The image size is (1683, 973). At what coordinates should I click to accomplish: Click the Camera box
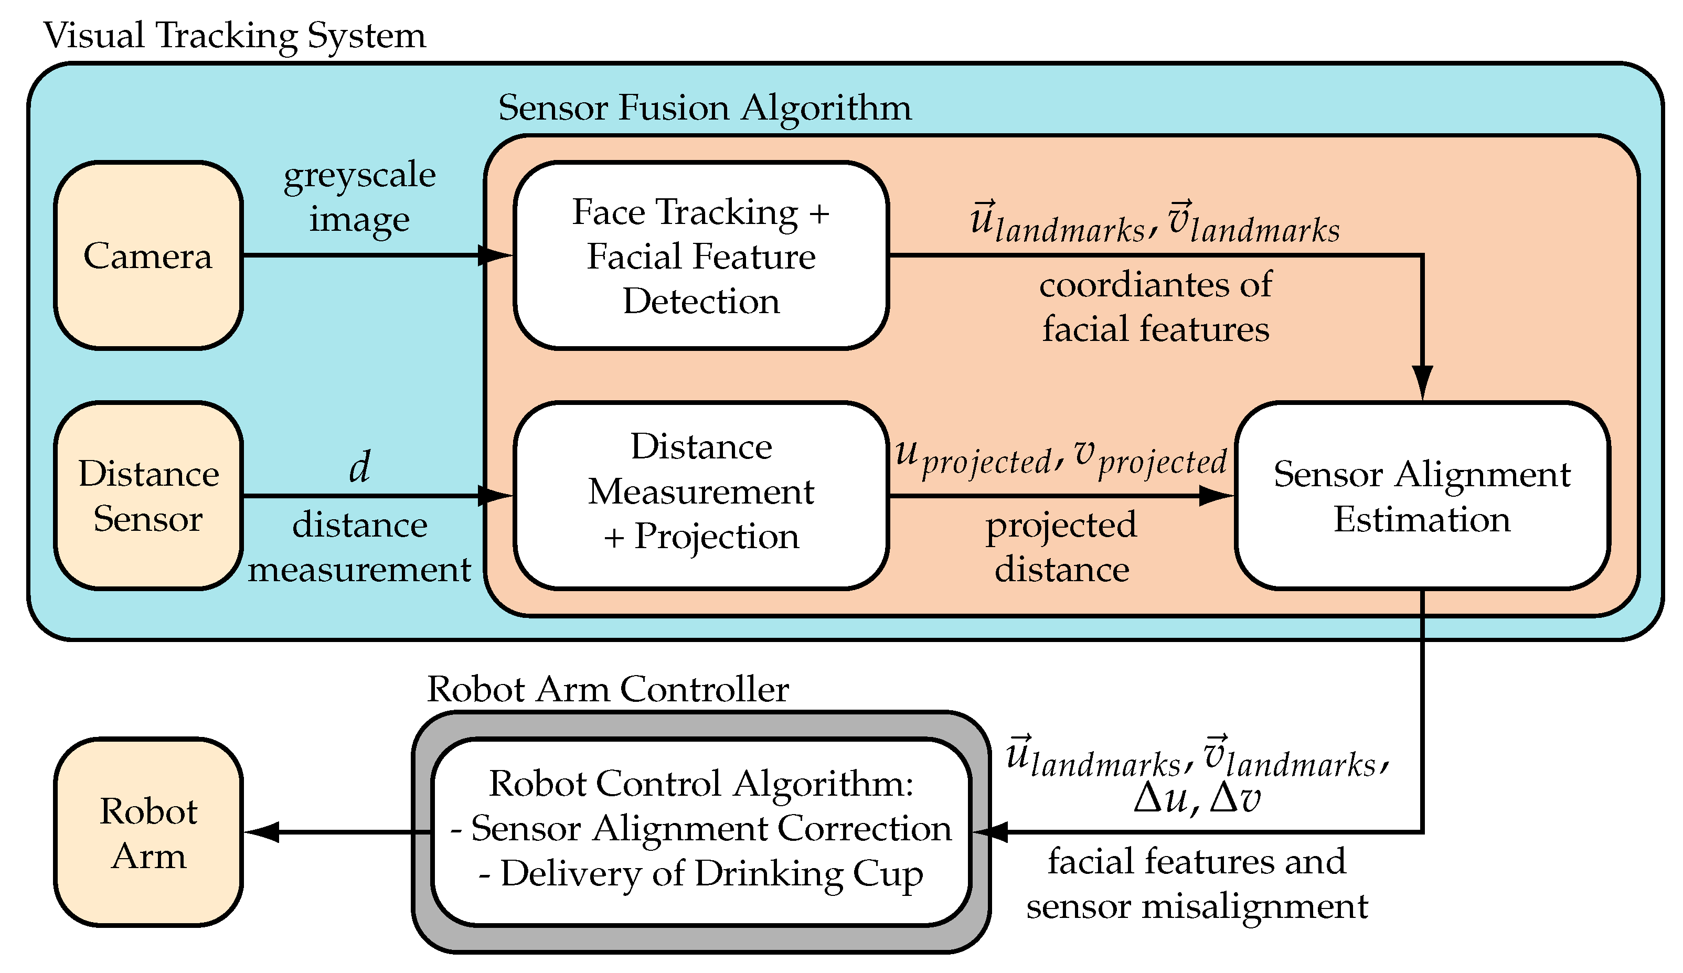point(147,255)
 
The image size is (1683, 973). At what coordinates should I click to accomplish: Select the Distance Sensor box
point(147,496)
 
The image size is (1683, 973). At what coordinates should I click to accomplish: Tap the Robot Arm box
point(147,832)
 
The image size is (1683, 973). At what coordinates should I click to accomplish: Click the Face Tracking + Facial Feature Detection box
point(700,255)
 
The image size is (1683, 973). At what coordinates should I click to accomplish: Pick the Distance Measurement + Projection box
point(700,496)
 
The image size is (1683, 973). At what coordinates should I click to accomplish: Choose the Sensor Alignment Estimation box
point(1422,496)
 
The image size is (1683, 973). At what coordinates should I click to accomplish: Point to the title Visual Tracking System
point(234,35)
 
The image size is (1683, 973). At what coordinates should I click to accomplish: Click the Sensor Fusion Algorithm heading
point(705,107)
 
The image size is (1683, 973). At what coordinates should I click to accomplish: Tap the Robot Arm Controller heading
point(608,689)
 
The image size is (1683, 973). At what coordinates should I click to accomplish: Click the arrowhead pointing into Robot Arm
point(262,832)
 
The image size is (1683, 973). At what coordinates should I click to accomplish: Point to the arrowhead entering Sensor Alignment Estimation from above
point(1422,382)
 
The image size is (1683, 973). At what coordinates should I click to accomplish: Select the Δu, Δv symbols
point(1197,797)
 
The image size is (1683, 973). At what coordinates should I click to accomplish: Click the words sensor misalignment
point(1197,907)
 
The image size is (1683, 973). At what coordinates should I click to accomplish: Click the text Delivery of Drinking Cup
point(711,873)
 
